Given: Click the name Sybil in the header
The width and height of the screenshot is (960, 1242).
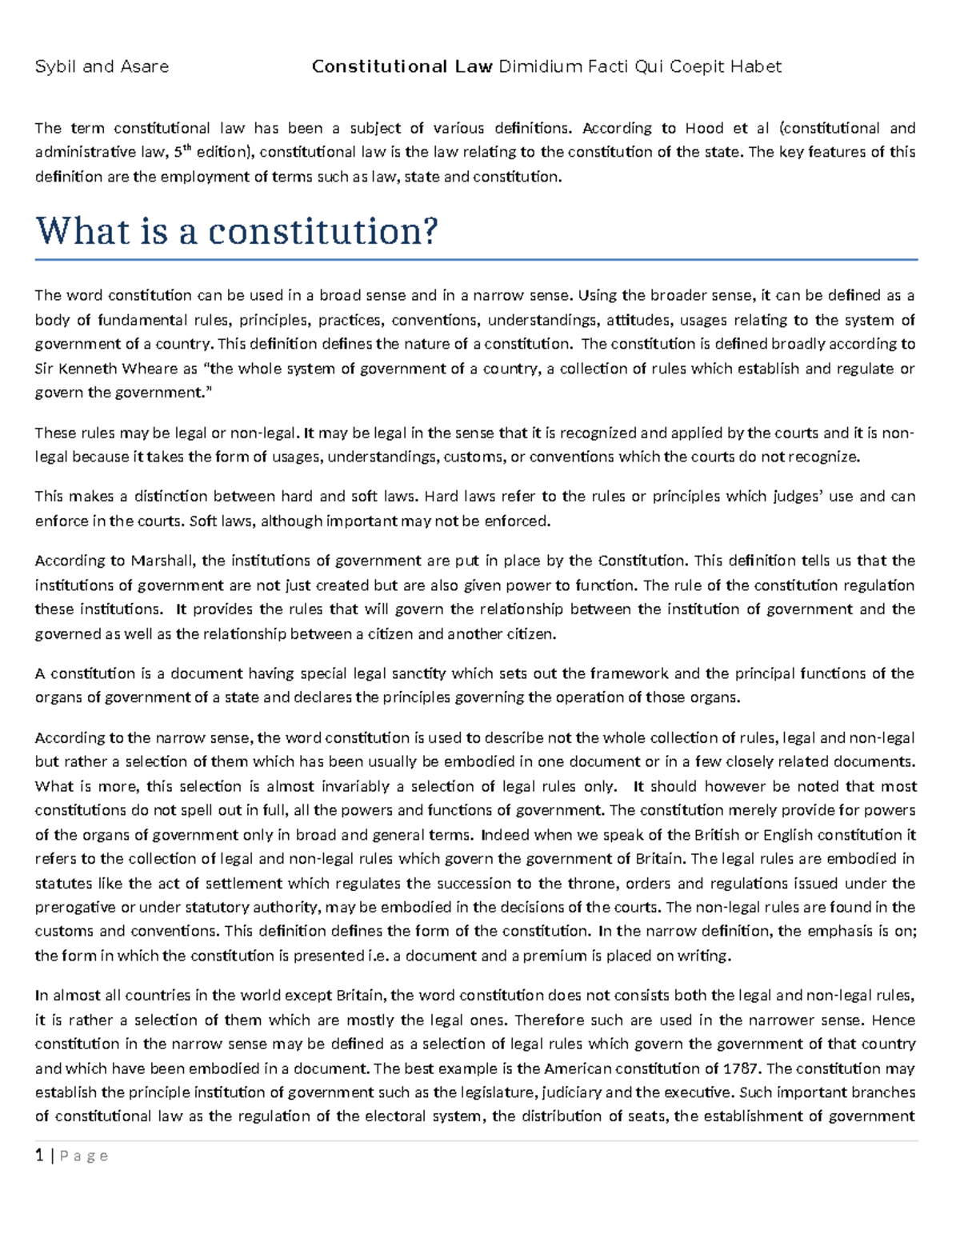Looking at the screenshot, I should (x=54, y=66).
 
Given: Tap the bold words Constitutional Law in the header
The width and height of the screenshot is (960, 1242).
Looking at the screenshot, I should (x=402, y=66).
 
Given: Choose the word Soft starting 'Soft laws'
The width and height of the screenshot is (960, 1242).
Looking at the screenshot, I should (x=204, y=521).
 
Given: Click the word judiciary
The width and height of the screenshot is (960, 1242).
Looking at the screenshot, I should (x=572, y=1092).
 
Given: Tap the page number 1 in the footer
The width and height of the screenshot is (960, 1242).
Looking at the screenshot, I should (x=38, y=1156).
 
